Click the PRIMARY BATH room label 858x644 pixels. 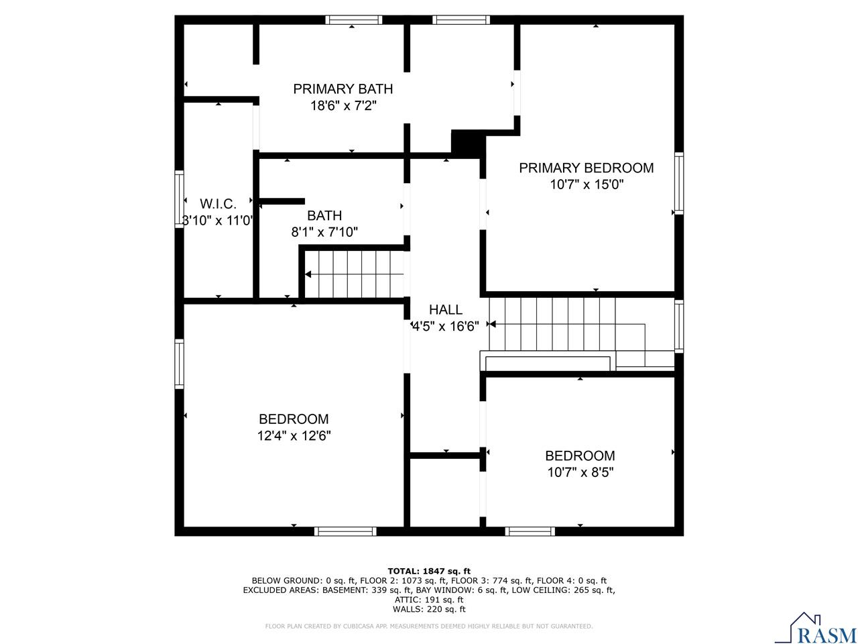(343, 89)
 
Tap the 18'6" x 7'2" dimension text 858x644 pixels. (343, 105)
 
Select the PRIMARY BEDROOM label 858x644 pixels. (586, 168)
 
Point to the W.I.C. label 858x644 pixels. (218, 204)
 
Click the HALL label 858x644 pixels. (446, 310)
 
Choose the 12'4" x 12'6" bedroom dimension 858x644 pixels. (294, 436)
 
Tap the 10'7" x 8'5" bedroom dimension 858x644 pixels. (580, 472)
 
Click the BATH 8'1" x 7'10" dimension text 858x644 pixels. (324, 232)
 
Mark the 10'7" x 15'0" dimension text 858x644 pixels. (587, 184)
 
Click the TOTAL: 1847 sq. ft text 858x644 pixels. (429, 571)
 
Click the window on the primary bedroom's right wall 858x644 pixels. (679, 184)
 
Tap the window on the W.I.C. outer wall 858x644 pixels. (179, 199)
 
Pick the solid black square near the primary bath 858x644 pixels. (466, 142)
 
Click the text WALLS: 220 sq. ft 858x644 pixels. (429, 609)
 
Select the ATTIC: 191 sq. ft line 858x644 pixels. (429, 600)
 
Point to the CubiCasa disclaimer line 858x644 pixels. (429, 627)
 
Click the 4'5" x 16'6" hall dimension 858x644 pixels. (446, 327)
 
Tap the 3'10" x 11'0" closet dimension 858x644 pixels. (218, 220)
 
